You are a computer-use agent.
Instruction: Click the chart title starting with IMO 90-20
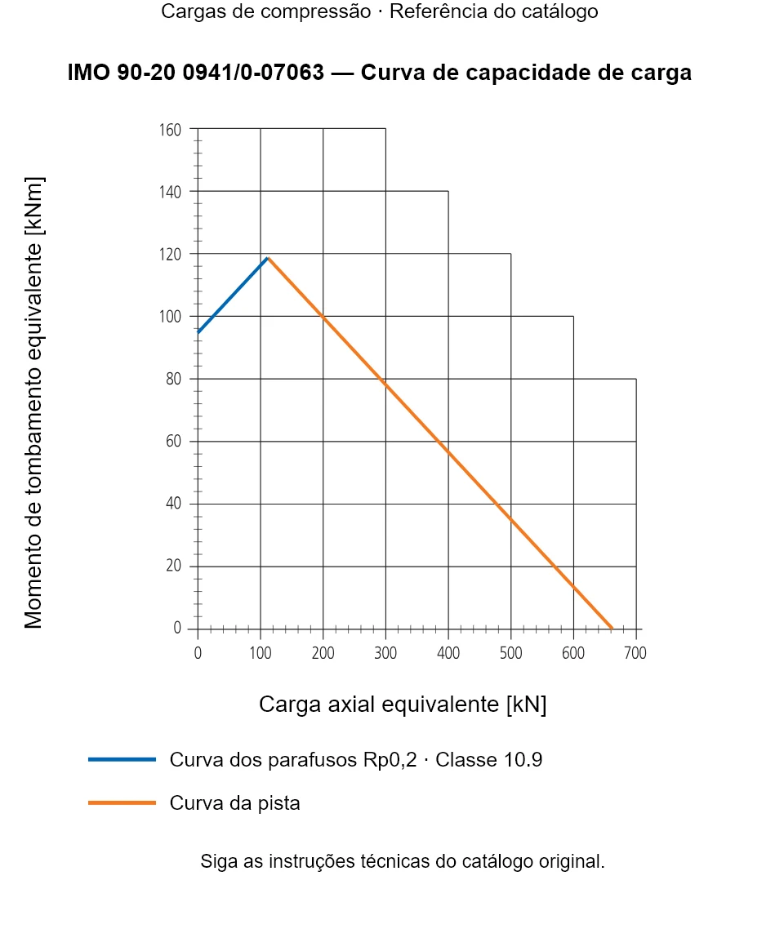coord(379,73)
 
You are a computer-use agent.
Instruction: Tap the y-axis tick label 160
coord(170,130)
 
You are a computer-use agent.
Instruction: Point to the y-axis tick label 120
coord(170,254)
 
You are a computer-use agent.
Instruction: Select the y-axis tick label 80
coord(174,379)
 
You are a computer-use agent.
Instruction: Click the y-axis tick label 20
coord(174,566)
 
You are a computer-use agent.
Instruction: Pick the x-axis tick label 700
coord(635,653)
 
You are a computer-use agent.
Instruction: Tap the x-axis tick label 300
coord(385,653)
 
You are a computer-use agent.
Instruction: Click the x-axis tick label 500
coord(510,653)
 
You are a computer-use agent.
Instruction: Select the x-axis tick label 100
coord(261,653)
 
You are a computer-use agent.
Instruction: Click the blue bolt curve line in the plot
coord(233,295)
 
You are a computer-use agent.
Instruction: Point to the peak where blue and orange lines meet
coord(269,258)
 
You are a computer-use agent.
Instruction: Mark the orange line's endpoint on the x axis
coord(612,628)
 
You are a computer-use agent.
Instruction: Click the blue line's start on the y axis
coord(198,333)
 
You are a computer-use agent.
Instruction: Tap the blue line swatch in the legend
coord(122,759)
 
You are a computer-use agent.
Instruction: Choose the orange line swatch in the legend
coord(122,802)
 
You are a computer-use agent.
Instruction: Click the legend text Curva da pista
coord(234,803)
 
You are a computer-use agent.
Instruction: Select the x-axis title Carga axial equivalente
coord(403,705)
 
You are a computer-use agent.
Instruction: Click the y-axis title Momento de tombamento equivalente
coord(33,402)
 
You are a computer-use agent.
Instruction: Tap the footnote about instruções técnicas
coord(403,861)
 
